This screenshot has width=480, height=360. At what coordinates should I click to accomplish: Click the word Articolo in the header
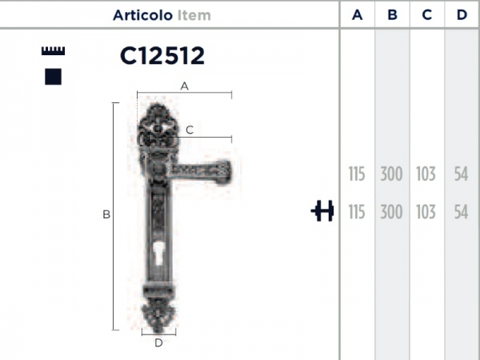click(x=142, y=15)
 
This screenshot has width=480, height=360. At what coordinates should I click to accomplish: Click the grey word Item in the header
click(x=194, y=15)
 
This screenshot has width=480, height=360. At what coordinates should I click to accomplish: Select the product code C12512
click(x=162, y=56)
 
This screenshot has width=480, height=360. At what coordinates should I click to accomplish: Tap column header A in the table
click(x=358, y=14)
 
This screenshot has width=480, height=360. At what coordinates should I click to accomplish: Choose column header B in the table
click(x=392, y=14)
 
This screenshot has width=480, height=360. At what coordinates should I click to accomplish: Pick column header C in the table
click(x=427, y=14)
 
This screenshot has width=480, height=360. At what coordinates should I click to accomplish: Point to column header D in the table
click(x=462, y=14)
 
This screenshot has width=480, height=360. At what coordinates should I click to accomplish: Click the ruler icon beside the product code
click(x=54, y=51)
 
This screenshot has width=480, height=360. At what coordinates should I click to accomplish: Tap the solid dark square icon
click(x=54, y=77)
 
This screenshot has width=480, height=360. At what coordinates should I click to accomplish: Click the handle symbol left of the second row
click(x=322, y=210)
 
